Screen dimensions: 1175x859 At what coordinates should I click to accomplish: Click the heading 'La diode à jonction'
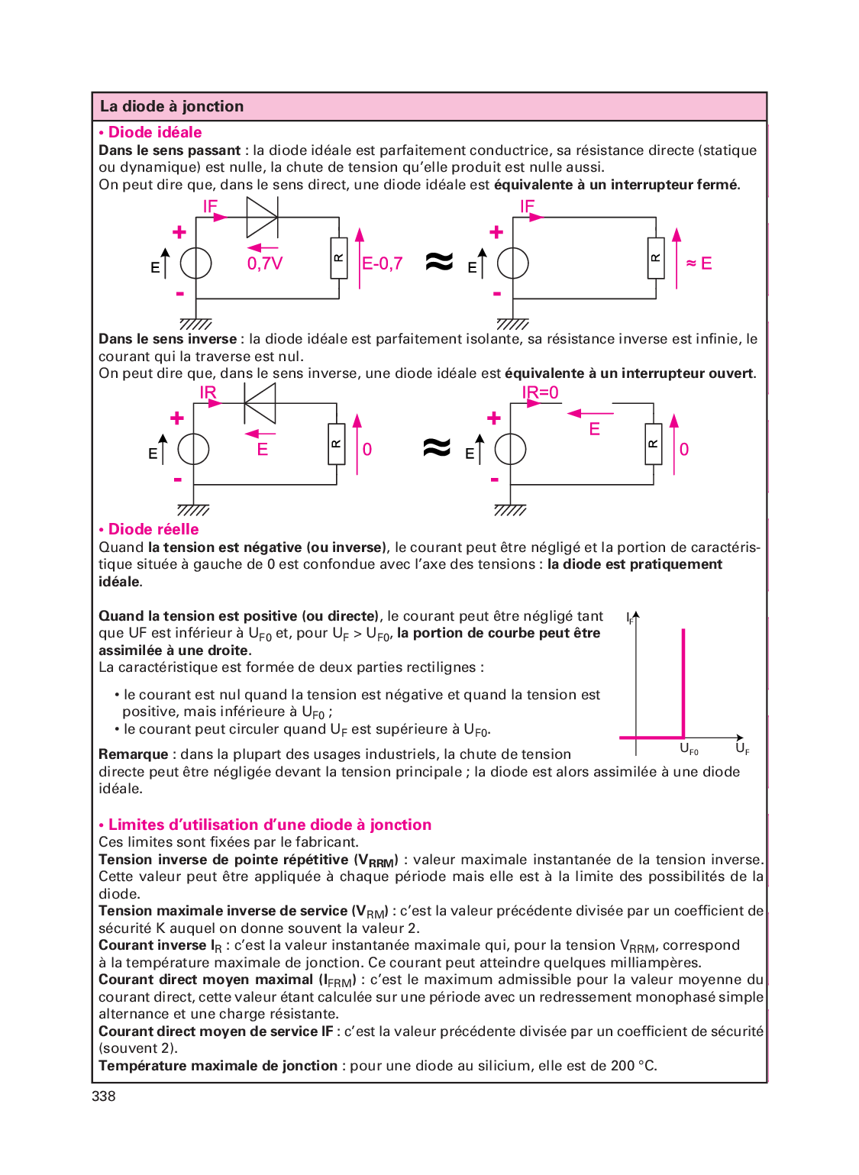coord(172,107)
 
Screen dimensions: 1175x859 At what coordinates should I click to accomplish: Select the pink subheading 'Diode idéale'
coord(154,133)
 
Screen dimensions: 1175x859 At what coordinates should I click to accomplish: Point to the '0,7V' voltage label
coord(265,264)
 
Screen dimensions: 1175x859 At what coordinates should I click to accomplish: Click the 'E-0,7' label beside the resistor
coord(382,264)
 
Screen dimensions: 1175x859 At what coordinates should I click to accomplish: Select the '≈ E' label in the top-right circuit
coord(699,263)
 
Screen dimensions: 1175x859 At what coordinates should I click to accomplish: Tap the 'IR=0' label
coord(540,393)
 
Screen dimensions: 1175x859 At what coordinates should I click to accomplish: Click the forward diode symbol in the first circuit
coord(262,218)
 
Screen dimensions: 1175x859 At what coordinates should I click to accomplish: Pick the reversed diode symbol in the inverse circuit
coord(260,403)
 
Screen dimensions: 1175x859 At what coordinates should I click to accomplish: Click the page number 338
coord(104,1096)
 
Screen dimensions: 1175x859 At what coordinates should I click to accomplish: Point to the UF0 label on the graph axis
coord(689,749)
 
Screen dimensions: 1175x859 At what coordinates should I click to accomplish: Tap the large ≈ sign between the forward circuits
coord(439,262)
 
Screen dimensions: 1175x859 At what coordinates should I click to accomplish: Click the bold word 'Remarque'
coord(133,755)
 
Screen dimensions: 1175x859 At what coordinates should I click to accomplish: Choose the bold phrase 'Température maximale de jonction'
coord(218,1067)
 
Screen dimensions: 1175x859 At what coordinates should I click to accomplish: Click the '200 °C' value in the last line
coord(633,1067)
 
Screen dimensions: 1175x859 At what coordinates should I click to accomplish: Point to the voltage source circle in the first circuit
coord(195,263)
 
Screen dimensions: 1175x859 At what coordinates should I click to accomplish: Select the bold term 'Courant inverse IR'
coord(160,946)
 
